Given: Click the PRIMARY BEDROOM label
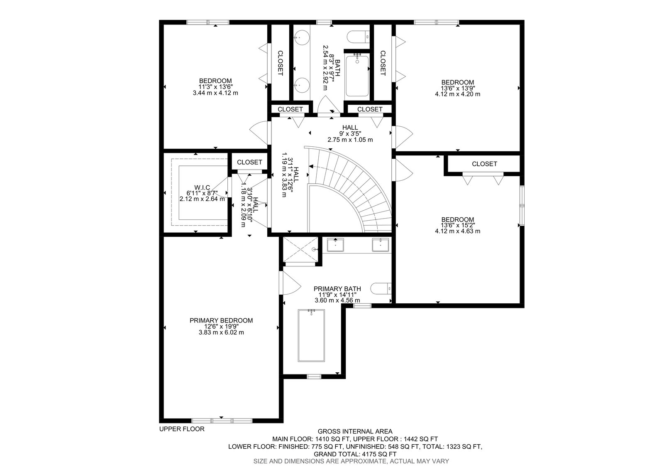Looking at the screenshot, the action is coord(221,320).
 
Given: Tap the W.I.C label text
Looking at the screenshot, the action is coord(202,187).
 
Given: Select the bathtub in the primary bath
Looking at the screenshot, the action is coord(311,335).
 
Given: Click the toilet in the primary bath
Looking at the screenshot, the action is coord(381,288).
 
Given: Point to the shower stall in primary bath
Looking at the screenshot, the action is coord(301,250).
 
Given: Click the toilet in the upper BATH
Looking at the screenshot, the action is coord(358,37).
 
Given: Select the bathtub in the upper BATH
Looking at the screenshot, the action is coord(357,75).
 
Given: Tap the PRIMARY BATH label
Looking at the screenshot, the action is coord(337,288).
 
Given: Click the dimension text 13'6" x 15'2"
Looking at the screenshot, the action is coord(458,225).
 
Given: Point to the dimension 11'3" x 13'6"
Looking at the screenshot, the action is coord(215,87).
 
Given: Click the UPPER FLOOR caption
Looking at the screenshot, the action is coord(182,429).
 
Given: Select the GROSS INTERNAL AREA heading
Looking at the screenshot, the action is coord(355,431).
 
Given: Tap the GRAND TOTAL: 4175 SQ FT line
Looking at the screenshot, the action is coord(355,454).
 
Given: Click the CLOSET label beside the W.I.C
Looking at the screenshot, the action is coord(249,162).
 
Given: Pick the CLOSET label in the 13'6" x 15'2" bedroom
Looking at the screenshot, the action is coord(484,164).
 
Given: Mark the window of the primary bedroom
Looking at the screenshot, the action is coord(222,421).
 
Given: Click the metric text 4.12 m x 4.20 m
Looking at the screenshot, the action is coord(458,94).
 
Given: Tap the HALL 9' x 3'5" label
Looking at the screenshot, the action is coord(350,134).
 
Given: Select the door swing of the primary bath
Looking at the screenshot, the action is coord(291,283).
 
